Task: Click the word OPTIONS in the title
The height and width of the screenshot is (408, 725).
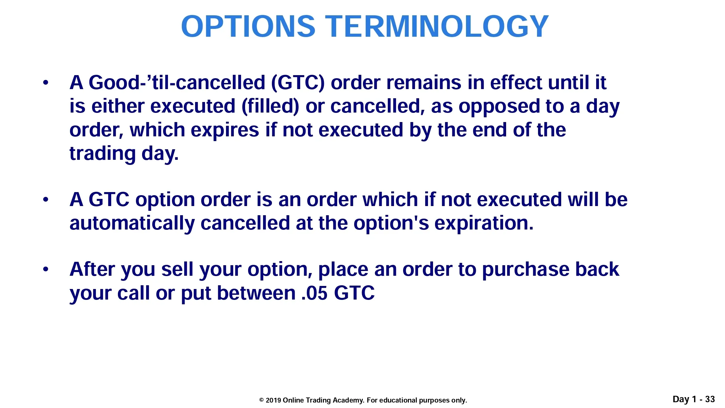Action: click(248, 26)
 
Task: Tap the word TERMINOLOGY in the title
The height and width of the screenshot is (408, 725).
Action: click(437, 26)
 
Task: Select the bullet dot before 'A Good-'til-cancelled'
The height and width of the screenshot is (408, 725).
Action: click(46, 83)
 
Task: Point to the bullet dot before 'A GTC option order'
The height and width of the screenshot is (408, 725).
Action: click(46, 200)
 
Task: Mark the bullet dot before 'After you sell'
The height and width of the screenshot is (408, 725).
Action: click(46, 269)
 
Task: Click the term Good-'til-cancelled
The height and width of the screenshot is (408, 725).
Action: click(177, 83)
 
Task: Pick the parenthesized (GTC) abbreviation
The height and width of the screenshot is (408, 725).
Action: click(298, 83)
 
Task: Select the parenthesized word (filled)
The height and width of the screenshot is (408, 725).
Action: click(271, 106)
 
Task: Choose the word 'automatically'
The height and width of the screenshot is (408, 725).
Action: click(132, 224)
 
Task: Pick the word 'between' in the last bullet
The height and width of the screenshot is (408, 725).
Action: click(256, 293)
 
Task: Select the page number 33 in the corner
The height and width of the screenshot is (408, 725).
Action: click(710, 399)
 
